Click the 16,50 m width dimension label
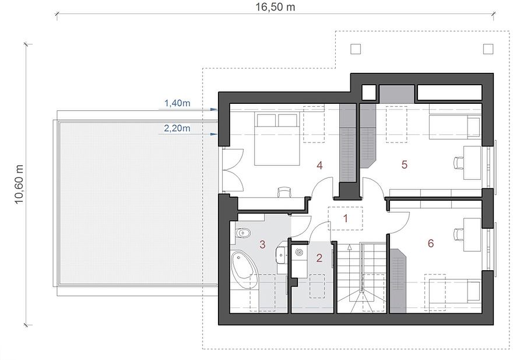[275, 7]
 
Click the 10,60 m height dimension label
[19, 184]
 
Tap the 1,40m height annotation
[177, 103]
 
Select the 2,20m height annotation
[177, 128]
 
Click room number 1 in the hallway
[346, 218]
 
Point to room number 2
[319, 258]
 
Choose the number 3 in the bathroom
[262, 244]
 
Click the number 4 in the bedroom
[319, 166]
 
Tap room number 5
[405, 165]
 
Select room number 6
[431, 243]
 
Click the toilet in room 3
[243, 233]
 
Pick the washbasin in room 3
[282, 254]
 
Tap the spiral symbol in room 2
[300, 252]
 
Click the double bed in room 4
[277, 139]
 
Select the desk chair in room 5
[459, 162]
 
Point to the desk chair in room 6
[459, 234]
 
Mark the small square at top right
[488, 49]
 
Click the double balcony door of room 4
[233, 170]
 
